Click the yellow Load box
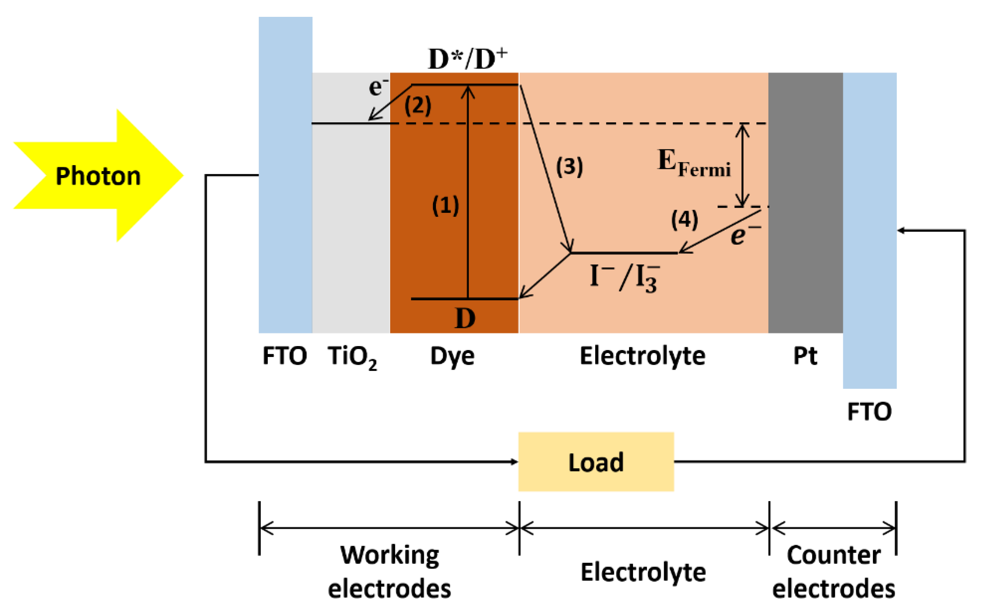tap(596, 462)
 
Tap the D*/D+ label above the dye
tap(467, 59)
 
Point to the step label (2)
tap(418, 105)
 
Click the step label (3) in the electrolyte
tap(569, 166)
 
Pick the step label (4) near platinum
tap(685, 220)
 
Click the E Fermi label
tap(693, 163)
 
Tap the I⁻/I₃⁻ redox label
tap(625, 278)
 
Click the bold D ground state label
tap(465, 318)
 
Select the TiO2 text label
tap(352, 357)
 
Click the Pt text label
tap(805, 356)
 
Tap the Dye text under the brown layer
tap(452, 357)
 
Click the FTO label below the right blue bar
tap(869, 412)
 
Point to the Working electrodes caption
tap(389, 572)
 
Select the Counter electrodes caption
tap(833, 572)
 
